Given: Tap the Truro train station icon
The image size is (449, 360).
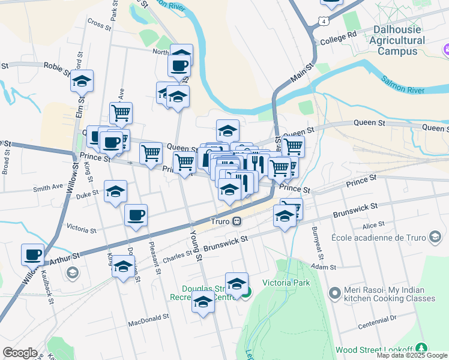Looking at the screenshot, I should pos(237,221).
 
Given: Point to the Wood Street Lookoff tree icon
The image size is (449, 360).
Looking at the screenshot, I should pos(421,349).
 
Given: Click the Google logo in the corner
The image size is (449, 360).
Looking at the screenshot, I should pos(20,352).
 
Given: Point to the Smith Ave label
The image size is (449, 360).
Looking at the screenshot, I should pos(48,188).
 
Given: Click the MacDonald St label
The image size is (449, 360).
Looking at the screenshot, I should pos(148,323).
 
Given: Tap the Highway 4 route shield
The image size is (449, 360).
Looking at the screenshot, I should pos(324,21).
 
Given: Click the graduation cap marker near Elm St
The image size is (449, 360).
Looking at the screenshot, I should pos(82,82).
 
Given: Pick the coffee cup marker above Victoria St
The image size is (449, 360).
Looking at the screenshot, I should pos(136,215).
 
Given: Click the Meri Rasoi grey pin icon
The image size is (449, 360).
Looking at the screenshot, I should pos(335,293).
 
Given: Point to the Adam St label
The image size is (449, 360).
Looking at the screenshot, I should pos(327,266).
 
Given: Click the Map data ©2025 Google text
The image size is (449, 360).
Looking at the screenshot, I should pos(412,355).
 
